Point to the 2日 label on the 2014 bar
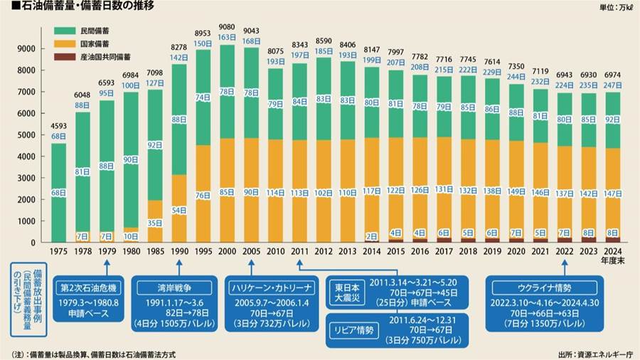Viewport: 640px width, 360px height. coord(372,235)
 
